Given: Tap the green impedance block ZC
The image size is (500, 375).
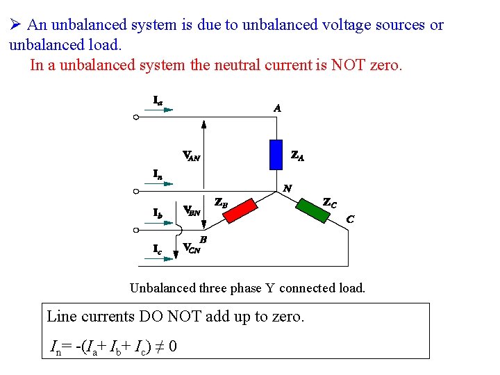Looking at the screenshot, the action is (312, 206).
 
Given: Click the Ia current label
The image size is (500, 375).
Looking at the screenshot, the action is (158, 101).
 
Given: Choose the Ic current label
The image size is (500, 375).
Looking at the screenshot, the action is (158, 248).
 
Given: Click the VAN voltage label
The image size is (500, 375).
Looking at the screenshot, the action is (191, 156).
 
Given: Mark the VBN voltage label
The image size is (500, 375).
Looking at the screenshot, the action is (192, 210).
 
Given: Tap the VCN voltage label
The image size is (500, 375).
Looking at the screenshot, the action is (191, 248).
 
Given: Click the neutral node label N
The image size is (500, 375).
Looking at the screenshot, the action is (287, 188).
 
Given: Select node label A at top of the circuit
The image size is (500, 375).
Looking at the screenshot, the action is (277, 108).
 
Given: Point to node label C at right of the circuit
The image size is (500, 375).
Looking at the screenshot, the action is (351, 219).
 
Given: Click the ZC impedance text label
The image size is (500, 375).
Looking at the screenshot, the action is (330, 203).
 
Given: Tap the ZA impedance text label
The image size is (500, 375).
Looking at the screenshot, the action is (297, 156).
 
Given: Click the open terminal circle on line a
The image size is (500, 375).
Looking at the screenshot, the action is (136, 117).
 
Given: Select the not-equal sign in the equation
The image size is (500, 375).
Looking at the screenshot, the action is (159, 344).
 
